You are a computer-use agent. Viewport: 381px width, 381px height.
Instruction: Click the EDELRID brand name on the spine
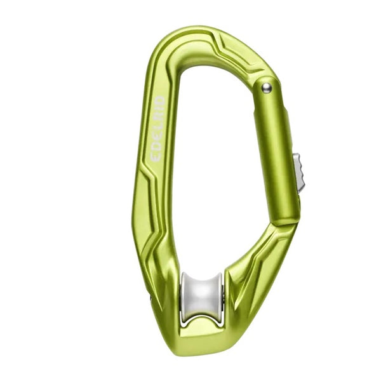(x=158, y=129)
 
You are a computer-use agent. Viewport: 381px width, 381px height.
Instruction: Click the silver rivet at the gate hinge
(x=267, y=88)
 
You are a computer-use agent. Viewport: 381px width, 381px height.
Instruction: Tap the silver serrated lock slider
(x=299, y=173)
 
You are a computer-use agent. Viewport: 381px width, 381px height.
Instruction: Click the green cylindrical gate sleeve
(x=276, y=150)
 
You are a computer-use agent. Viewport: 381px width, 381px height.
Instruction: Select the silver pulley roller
(x=201, y=299)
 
